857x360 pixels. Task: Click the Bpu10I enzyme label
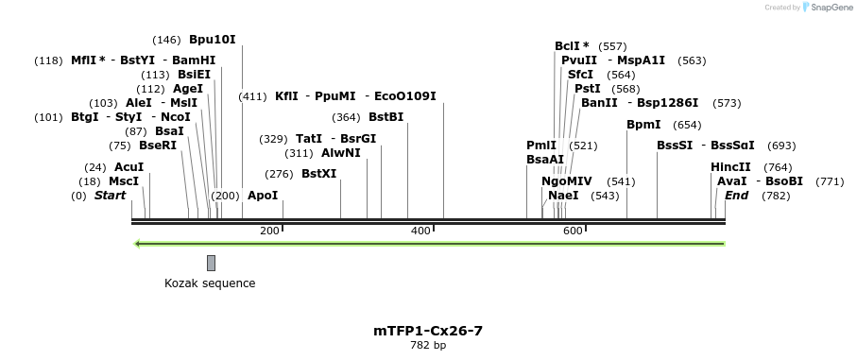[212, 40]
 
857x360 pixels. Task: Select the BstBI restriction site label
[386, 117]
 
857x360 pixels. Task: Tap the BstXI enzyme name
[318, 174]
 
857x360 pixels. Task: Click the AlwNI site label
[340, 152]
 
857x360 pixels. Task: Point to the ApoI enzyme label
[263, 195]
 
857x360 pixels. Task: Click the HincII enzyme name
[730, 166]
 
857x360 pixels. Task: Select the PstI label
[588, 88]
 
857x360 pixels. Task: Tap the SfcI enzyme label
[580, 74]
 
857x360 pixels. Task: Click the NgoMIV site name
[567, 180]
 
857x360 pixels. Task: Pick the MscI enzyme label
[124, 180]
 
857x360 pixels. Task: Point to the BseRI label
[157, 146]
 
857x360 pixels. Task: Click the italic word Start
[110, 196]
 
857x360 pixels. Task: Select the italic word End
[736, 195]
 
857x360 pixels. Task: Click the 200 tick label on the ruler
[269, 231]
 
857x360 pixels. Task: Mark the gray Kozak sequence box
[211, 263]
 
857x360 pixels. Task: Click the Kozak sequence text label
[210, 283]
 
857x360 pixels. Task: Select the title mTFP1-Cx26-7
[428, 331]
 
